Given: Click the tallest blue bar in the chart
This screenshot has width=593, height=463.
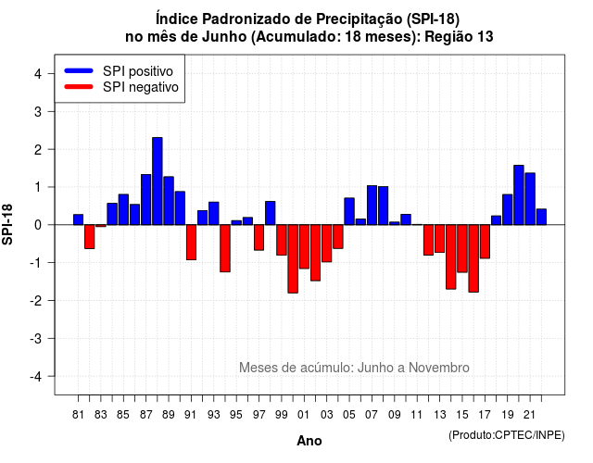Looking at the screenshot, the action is [158, 181].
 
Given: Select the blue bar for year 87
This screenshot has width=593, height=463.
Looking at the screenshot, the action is [146, 200].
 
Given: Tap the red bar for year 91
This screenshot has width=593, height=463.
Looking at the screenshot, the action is [192, 243].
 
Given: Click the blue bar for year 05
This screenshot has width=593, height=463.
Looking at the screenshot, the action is [349, 211].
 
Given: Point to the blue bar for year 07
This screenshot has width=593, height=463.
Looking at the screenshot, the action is [372, 206].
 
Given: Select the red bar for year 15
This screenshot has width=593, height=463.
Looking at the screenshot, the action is [462, 248].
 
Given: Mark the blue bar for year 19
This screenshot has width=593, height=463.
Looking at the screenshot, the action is [508, 210].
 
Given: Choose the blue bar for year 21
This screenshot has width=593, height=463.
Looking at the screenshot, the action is [530, 199].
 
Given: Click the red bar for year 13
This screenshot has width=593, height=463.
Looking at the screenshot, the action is [440, 239].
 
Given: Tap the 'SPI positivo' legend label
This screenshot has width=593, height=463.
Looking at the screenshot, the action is [138, 71].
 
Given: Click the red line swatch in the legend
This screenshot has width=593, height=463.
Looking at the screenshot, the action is [79, 86].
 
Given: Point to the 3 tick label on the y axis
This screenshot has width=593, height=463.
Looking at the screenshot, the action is [38, 112].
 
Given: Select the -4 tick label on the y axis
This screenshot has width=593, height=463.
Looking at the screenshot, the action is [36, 377].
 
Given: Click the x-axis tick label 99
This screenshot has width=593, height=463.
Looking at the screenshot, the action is [282, 415].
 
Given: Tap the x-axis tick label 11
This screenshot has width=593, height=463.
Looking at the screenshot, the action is [417, 415].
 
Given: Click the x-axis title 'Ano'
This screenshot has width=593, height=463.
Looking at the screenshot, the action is [309, 441].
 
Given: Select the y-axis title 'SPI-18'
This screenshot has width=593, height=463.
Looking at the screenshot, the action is [7, 224].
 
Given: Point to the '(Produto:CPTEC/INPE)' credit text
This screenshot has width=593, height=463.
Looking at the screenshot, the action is [507, 435].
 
